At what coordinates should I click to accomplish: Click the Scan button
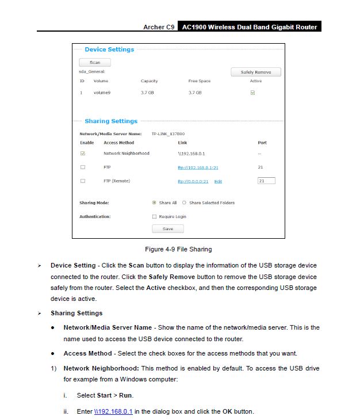tap(94, 62)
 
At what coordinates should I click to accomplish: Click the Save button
tap(167, 228)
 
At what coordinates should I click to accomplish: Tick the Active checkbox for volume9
tap(252, 93)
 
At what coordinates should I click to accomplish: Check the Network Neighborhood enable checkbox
tap(83, 154)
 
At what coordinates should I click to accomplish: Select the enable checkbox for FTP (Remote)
tap(83, 181)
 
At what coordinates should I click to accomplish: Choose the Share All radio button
tap(154, 203)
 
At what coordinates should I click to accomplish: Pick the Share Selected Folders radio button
tap(184, 203)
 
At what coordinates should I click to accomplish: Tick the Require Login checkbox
tap(154, 217)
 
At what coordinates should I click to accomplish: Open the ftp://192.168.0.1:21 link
tap(198, 167)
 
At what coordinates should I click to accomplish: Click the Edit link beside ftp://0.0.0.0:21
tap(218, 181)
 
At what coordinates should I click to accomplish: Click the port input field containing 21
tap(266, 181)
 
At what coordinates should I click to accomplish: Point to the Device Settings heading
tap(109, 49)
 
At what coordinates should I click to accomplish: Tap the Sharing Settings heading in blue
tap(111, 121)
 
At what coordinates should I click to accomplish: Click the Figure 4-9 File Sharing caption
tap(178, 250)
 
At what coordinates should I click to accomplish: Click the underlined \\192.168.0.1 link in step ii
tap(113, 411)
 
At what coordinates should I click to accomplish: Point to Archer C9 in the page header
tap(159, 27)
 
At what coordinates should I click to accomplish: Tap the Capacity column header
tap(149, 81)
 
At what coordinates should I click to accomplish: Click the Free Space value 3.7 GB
tap(195, 93)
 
